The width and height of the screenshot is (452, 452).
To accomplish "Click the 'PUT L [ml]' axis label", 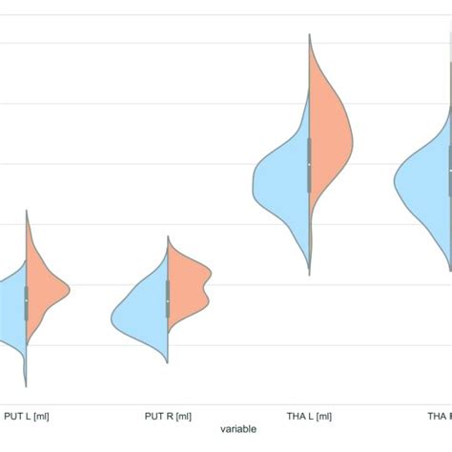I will (x=27, y=415).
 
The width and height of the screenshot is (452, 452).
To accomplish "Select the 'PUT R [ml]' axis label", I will (x=168, y=415).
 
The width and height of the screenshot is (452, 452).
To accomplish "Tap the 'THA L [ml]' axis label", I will (x=309, y=415).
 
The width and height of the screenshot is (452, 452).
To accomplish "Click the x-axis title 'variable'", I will (x=237, y=430).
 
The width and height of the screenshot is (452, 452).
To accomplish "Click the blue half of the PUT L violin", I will (x=11, y=305).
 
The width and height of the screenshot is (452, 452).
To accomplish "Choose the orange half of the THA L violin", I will (x=329, y=134).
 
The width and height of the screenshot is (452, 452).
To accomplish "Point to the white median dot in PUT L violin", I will (x=27, y=301).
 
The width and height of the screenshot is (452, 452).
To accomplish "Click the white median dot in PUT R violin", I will (x=168, y=301).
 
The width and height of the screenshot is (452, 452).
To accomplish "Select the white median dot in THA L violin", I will (x=309, y=164).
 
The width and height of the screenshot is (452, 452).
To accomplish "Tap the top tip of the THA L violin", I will (x=309, y=34).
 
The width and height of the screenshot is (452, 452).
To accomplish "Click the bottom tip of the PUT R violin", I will (x=168, y=364).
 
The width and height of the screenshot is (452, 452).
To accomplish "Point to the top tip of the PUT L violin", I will (x=27, y=210).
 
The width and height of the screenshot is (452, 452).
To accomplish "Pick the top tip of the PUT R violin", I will (x=168, y=236).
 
